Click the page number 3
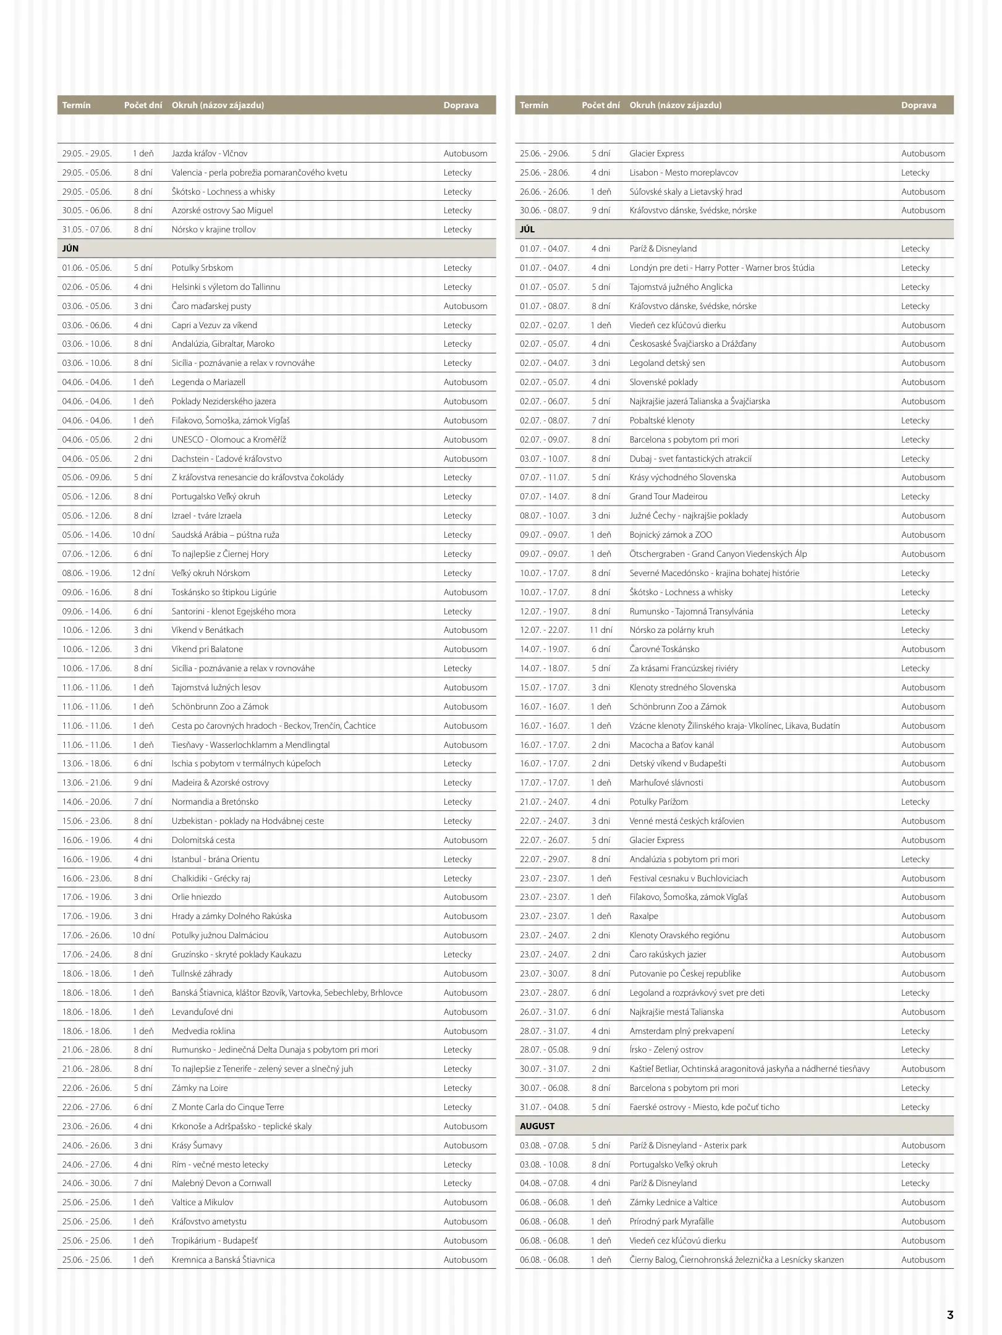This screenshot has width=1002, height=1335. click(x=950, y=1315)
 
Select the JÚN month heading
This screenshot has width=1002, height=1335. click(x=70, y=248)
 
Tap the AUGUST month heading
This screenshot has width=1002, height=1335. click(x=537, y=1126)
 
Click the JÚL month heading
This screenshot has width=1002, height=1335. click(x=527, y=229)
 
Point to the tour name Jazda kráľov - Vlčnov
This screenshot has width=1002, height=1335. click(x=210, y=153)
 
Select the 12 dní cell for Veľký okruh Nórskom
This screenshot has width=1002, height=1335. click(x=143, y=573)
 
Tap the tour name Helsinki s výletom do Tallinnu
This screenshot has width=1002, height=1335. click(x=226, y=287)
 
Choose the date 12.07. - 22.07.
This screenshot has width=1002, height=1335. click(x=544, y=630)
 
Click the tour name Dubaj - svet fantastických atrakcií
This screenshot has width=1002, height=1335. click(x=690, y=459)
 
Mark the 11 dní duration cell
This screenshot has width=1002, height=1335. click(x=601, y=630)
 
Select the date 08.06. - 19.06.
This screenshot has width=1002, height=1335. click(x=87, y=573)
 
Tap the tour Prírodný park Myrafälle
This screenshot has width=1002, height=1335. click(x=671, y=1221)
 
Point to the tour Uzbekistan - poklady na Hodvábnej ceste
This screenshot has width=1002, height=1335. click(x=247, y=821)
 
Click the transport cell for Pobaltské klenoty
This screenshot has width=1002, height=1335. click(x=915, y=420)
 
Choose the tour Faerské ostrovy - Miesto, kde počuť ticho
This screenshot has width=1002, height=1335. click(x=704, y=1107)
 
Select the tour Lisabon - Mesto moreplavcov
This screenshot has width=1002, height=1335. click(x=684, y=172)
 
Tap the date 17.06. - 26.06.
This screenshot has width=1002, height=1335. click(x=87, y=935)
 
